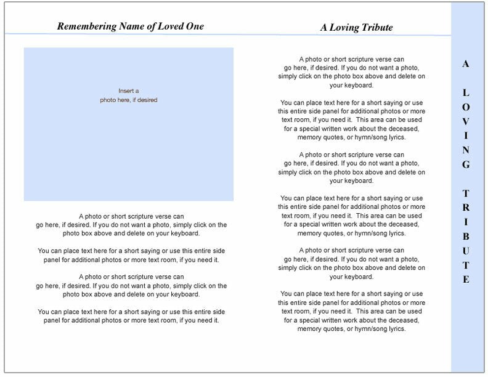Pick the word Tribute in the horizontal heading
(378, 28)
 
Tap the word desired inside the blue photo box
(145, 100)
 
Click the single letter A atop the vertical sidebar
(466, 65)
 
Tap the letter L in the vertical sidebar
(466, 93)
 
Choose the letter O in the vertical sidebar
(466, 107)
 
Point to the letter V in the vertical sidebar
(466, 121)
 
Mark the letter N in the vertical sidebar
(466, 150)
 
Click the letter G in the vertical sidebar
(466, 164)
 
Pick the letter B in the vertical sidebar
(466, 236)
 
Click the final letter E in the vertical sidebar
(466, 279)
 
